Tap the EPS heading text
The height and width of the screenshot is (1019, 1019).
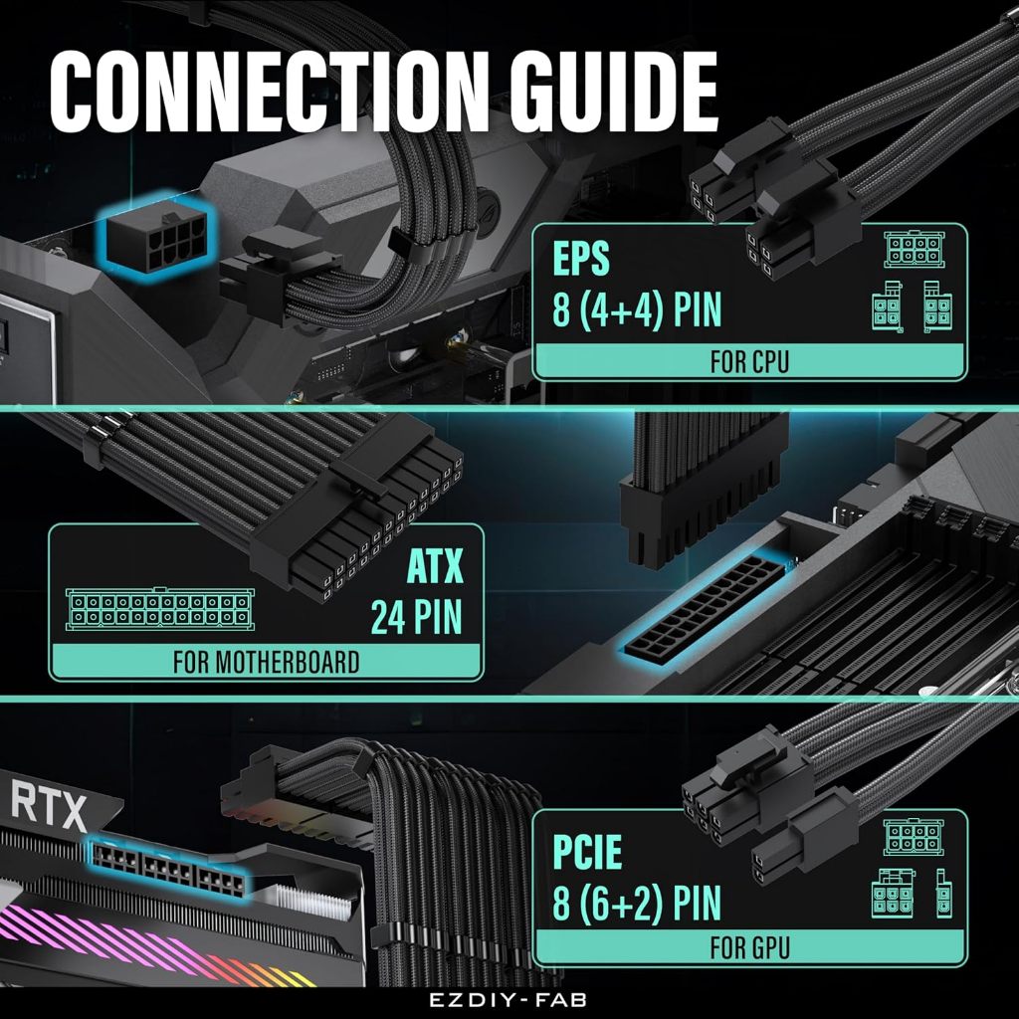point(581,258)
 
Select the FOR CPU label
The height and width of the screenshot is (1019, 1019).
point(749,362)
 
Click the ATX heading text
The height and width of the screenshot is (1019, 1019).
point(435,566)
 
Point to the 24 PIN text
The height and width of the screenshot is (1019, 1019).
point(417,616)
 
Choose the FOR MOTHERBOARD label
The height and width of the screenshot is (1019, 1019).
point(266,662)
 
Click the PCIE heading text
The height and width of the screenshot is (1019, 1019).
point(587,852)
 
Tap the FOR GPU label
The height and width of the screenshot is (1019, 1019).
point(750,948)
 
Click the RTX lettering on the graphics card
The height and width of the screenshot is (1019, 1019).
point(49,806)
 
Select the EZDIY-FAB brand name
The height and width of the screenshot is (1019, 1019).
point(509,999)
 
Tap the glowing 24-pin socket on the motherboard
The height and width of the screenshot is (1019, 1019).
point(705,606)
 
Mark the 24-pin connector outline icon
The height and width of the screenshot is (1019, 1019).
point(160,610)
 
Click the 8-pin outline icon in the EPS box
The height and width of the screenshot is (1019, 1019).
point(914,249)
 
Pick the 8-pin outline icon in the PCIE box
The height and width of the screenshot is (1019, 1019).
point(914,837)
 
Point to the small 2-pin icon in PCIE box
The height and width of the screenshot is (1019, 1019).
point(944,894)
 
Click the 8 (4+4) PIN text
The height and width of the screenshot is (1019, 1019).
point(637,309)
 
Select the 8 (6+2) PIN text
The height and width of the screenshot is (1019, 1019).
point(637,903)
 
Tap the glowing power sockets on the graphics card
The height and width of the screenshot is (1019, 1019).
point(168,868)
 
